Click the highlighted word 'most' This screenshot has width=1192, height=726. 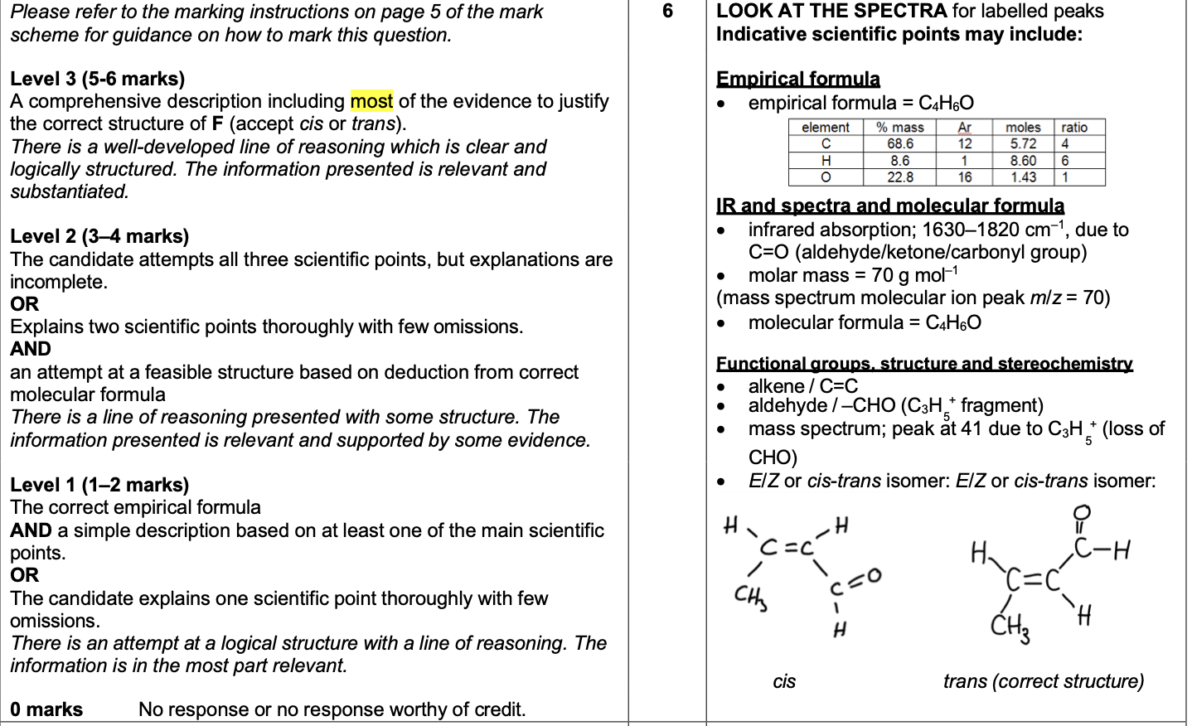coord(371,101)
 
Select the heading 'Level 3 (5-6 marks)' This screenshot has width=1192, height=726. coord(97,79)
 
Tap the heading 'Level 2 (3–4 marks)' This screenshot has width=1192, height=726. coord(99,236)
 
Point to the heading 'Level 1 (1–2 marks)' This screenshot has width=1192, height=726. coord(99,485)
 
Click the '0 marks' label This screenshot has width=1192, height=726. coord(46,709)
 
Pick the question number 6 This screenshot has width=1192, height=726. coord(667,12)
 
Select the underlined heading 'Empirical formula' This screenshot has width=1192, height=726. coord(797,79)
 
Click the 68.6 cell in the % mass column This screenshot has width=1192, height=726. coord(899,144)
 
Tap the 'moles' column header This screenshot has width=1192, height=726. coord(1023,128)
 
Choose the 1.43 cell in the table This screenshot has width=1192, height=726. coord(1023,177)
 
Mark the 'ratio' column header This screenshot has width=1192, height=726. coord(1074,128)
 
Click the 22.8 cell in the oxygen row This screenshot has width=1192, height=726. coord(899,177)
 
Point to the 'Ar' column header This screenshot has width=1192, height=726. coord(965,128)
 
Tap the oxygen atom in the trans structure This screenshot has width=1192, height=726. coord(1082,514)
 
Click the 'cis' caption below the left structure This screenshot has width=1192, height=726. coord(784,681)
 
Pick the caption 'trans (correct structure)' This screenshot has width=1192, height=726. coord(1043,681)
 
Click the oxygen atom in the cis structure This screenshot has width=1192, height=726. coord(873,574)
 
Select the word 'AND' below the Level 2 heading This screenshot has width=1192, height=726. coord(31,349)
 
